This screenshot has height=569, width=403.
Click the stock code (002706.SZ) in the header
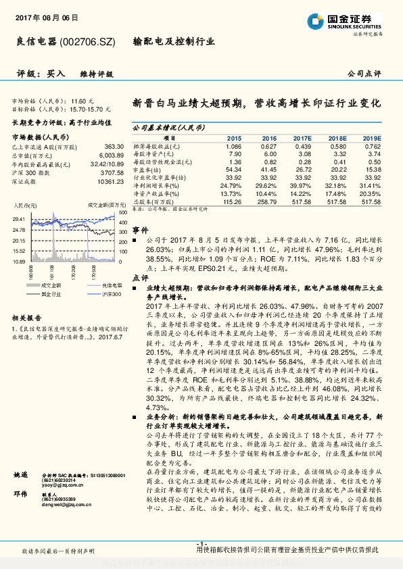[92, 41]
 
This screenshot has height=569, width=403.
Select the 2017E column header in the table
[303, 137]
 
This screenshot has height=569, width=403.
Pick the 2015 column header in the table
[233, 137]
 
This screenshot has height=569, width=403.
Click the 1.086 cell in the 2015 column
[233, 147]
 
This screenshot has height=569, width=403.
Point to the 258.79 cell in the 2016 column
[268, 201]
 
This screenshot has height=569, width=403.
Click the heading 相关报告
[28, 317]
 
